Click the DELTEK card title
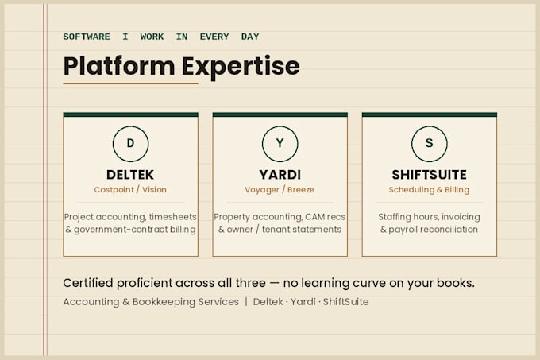tap(130, 175)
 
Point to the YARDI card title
tap(280, 175)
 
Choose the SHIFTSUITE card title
tap(430, 175)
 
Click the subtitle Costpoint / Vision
tap(130, 190)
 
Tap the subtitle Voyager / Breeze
tap(280, 190)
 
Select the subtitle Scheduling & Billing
tap(429, 190)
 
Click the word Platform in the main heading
tap(119, 66)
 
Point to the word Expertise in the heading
tap(241, 67)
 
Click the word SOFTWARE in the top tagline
tap(87, 37)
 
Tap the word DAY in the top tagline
tap(250, 37)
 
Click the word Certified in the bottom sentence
tap(88, 283)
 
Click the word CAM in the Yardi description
tap(314, 217)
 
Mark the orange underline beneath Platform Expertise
tap(130, 83)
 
